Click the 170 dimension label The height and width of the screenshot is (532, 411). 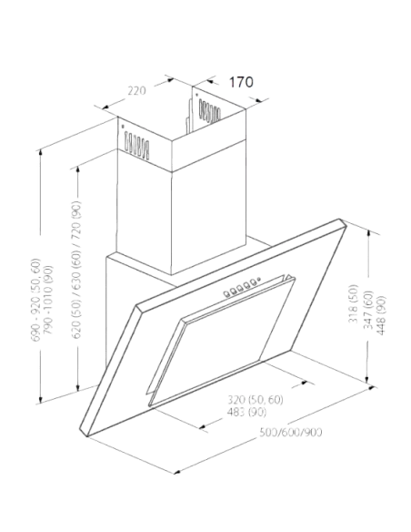point(241,82)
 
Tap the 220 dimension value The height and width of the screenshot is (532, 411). point(136,90)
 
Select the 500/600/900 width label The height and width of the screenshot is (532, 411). point(290,432)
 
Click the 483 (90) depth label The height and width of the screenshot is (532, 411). point(246,413)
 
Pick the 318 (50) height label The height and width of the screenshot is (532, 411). point(353,303)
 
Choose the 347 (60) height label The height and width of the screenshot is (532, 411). point(367,310)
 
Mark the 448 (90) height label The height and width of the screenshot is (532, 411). point(380,315)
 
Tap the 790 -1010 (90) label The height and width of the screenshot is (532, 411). point(47,300)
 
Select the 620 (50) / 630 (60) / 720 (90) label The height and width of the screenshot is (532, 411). point(76,270)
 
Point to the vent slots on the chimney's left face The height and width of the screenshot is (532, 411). point(136,145)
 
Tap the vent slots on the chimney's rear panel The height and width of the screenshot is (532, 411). point(209,110)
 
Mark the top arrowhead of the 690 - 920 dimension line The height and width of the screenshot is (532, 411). point(41,153)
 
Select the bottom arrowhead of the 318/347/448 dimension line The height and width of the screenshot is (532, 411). point(368,379)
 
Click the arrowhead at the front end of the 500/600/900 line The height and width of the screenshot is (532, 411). point(177,472)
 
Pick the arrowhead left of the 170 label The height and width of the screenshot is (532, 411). point(210,81)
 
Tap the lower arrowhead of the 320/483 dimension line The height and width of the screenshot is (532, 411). point(204,426)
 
